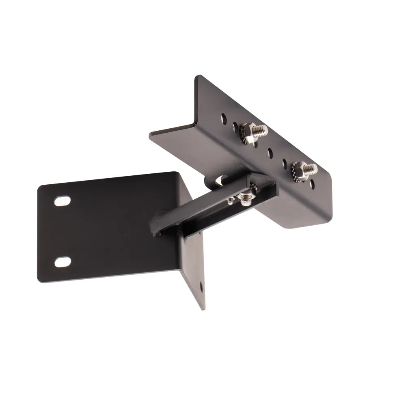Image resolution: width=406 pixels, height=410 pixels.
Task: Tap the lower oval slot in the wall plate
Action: [62, 262]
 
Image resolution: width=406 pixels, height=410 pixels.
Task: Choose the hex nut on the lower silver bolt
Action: [299, 168]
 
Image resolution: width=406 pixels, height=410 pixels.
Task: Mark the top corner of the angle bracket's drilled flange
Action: [198, 76]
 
